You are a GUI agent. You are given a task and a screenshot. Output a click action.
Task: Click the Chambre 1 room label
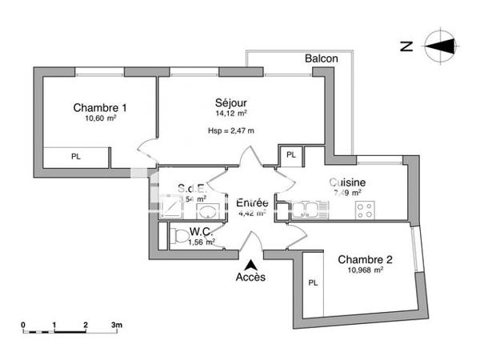pos(101,108)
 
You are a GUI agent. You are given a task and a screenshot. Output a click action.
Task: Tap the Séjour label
pos(230,103)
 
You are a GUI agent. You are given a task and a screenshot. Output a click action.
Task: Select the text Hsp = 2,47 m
pos(230,130)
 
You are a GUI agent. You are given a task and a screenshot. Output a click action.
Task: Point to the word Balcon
pos(321,58)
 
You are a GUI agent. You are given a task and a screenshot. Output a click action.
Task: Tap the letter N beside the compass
pos(406,46)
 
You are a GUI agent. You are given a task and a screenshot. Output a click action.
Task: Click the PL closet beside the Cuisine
pos(291,154)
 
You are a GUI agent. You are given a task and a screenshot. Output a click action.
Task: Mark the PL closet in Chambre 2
pos(313,282)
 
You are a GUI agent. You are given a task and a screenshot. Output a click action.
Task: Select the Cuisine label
pos(347,182)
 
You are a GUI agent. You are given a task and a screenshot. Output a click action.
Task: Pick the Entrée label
pos(252,203)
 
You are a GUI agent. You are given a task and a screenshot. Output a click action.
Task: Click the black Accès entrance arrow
pos(251,264)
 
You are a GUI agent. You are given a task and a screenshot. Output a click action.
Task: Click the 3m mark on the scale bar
pos(116,326)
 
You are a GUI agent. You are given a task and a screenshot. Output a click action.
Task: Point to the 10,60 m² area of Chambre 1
pos(101,118)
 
